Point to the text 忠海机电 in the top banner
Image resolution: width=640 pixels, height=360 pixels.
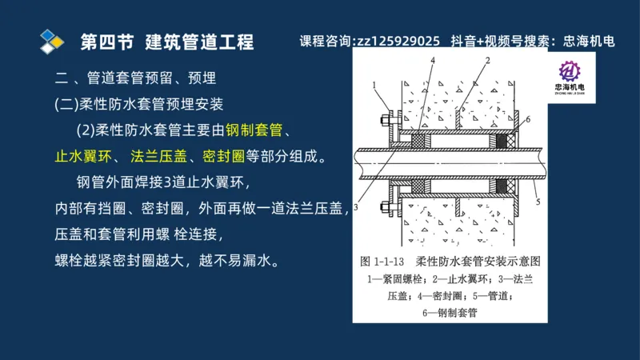click(x=589, y=41)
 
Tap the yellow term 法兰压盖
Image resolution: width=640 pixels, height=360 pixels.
click(x=155, y=156)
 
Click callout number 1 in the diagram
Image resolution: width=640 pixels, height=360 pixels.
click(x=374, y=83)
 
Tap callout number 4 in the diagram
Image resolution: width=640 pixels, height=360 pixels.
click(x=432, y=61)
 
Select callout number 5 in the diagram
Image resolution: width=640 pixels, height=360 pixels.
click(x=538, y=201)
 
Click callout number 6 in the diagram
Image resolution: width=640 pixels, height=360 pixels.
click(x=527, y=119)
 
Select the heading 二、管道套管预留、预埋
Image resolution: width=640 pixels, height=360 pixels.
click(x=135, y=78)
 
